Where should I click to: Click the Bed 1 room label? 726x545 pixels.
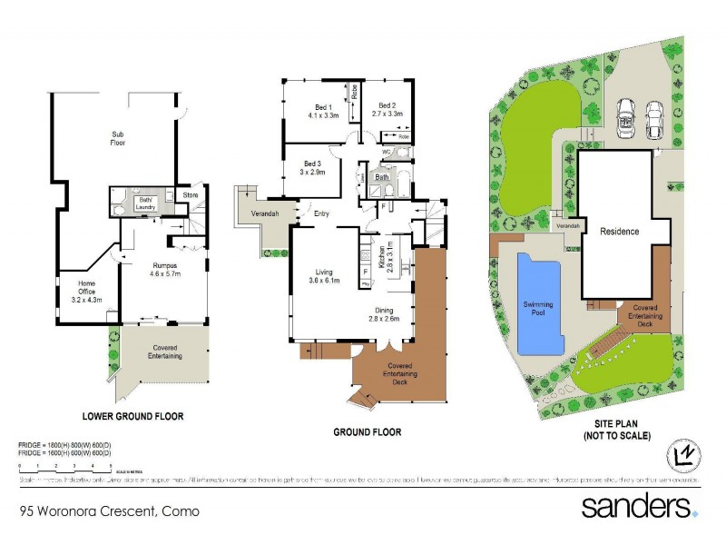(x=323, y=112)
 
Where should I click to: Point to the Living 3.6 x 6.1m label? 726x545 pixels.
(x=325, y=275)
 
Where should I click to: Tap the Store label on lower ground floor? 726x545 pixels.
(x=190, y=194)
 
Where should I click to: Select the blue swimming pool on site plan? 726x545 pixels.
(x=539, y=305)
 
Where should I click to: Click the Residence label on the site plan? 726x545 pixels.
(x=620, y=231)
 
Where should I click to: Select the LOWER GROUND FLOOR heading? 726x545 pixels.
(x=132, y=417)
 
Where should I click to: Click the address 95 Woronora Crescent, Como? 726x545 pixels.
(x=109, y=511)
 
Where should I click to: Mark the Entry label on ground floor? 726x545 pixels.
(x=321, y=214)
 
